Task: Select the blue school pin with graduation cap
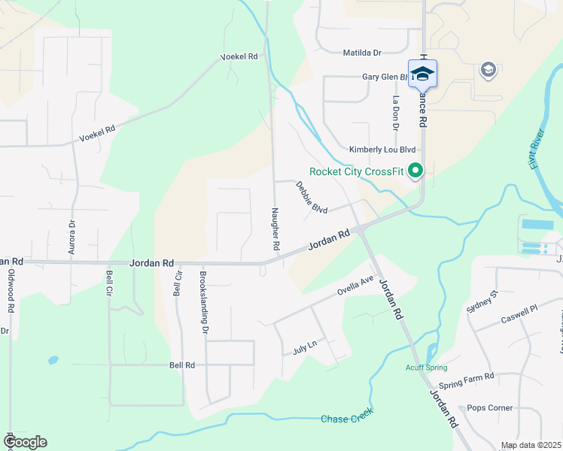click(x=422, y=74)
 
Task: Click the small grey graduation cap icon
click(x=488, y=71)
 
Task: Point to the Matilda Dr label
click(x=363, y=53)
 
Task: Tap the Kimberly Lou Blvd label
click(x=382, y=150)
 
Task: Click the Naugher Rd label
click(x=275, y=229)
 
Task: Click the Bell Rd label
click(x=182, y=365)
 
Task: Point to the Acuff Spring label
click(x=427, y=367)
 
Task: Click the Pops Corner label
click(x=490, y=408)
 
